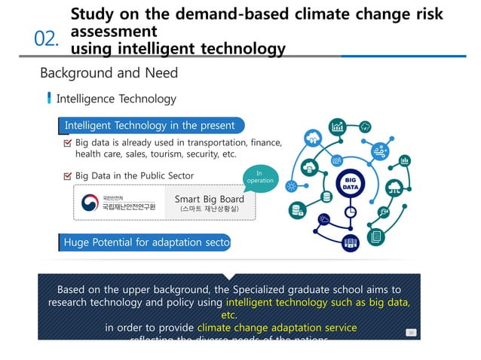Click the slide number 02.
(47, 39)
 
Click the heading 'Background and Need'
(109, 73)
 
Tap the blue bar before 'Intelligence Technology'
(50, 99)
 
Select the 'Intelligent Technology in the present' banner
(149, 126)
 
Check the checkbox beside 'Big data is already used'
(67, 142)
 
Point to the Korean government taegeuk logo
(89, 203)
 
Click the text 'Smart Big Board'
(209, 200)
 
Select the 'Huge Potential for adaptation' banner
(145, 243)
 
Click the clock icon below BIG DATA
(351, 213)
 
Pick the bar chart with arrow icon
(337, 125)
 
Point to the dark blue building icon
(350, 243)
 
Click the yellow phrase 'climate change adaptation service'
(277, 328)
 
